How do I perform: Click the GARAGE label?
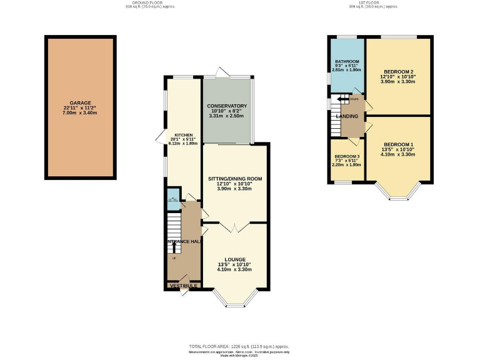pos(80,102)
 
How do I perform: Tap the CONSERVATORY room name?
pos(227,106)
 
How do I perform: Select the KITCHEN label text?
pos(183,134)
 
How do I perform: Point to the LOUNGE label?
pos(235,259)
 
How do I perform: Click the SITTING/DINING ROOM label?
pos(235,178)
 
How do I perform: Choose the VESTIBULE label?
pos(184,286)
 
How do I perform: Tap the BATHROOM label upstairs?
pos(346,62)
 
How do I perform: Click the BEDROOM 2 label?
pos(398,71)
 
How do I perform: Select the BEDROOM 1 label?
pos(398,145)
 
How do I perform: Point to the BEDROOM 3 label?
pos(346,156)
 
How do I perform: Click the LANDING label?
pos(347,116)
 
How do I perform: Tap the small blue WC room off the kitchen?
pos(172,201)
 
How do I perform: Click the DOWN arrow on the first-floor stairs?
pos(342,99)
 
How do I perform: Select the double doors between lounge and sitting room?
pos(235,224)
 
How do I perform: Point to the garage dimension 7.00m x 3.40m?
pos(80,113)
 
